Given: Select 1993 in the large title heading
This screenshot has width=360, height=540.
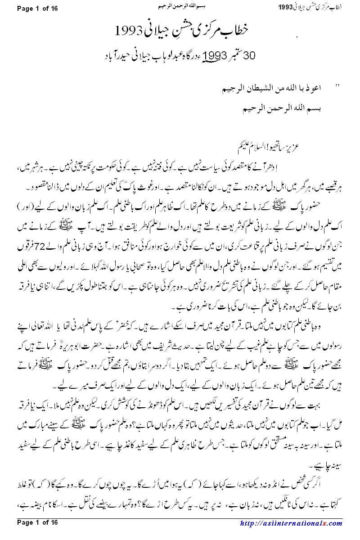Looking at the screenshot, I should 128,31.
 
